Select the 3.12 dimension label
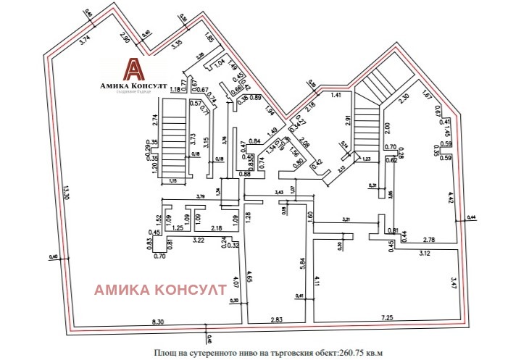coord(424,254)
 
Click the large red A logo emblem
coord(133,70)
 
